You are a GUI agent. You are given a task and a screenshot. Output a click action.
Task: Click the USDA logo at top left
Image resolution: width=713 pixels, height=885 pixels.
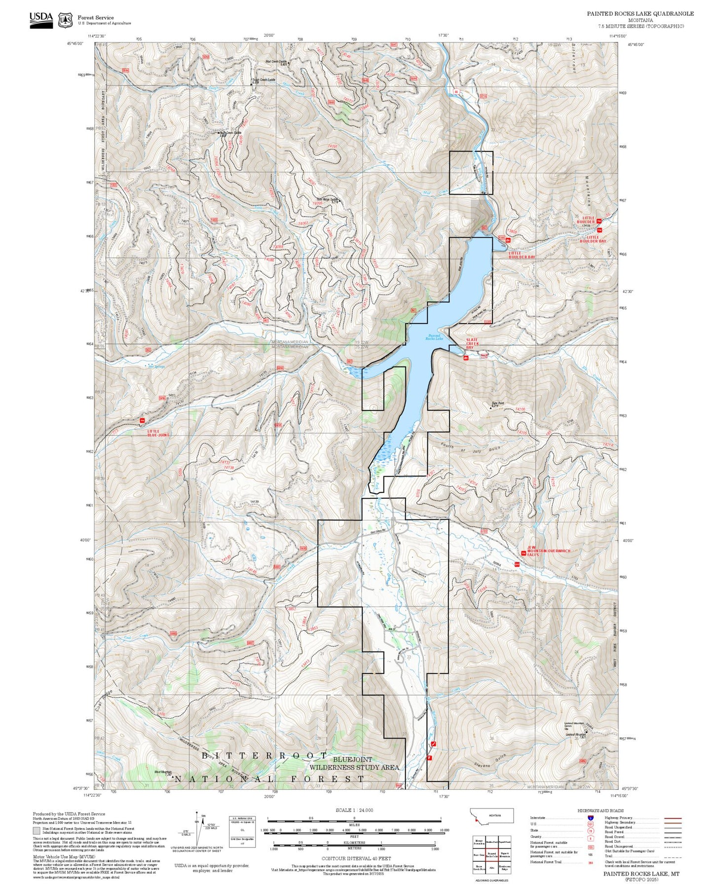41,20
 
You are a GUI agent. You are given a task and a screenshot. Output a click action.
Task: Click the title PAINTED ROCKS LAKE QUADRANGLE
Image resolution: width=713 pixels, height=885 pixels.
640,14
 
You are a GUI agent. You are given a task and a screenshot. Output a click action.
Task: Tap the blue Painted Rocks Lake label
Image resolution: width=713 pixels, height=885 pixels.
434,337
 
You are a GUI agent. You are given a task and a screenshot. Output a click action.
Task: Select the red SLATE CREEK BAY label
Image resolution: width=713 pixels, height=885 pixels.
472,343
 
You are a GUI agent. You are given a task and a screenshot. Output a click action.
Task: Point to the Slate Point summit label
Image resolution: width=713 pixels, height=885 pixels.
497,404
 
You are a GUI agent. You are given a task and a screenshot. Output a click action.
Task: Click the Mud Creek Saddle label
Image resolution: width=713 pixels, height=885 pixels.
276,63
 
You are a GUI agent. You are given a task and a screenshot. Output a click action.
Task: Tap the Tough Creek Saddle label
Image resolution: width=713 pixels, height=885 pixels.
263,79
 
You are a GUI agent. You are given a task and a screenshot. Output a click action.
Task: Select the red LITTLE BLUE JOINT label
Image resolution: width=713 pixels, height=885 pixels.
157,433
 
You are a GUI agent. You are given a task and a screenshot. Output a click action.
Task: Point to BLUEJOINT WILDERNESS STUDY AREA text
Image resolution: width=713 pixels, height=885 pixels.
354,764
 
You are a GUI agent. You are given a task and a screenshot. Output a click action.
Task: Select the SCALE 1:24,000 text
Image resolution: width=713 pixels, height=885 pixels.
354,810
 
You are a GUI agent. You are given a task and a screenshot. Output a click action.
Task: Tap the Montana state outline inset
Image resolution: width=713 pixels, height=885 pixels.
491,816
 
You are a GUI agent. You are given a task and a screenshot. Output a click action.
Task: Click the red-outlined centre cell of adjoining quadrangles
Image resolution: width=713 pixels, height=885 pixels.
491,854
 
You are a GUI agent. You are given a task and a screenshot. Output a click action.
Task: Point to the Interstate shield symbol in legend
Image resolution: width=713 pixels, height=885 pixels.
591,818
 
